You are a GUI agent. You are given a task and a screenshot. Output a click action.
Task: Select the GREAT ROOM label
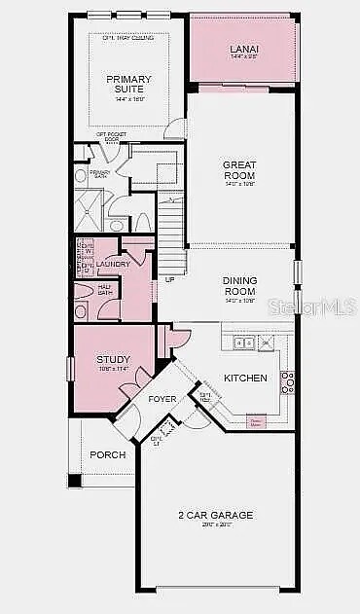pyautogui.click(x=239, y=170)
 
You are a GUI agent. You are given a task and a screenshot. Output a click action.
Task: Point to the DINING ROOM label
pyautogui.click(x=239, y=284)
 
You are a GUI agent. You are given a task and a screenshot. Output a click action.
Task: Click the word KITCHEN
pyautogui.click(x=244, y=378)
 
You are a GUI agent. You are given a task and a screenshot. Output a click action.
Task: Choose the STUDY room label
pyautogui.click(x=113, y=361)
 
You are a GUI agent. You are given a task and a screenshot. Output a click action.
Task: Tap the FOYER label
pyautogui.click(x=162, y=399)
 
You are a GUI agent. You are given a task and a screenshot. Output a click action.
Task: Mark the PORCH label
pyautogui.click(x=107, y=454)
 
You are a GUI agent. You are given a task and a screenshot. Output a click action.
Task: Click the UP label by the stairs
pyautogui.click(x=169, y=279)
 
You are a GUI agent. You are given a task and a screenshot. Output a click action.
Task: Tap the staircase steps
pyautogui.click(x=171, y=234)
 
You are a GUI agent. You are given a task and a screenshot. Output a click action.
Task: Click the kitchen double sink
pyautogui.click(x=241, y=341)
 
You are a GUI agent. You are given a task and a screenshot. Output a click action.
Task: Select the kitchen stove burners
pyautogui.click(x=286, y=381)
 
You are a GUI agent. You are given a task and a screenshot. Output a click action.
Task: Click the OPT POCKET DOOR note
pyautogui.click(x=109, y=138)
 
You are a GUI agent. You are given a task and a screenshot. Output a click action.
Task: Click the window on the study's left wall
pyautogui.click(x=69, y=370)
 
